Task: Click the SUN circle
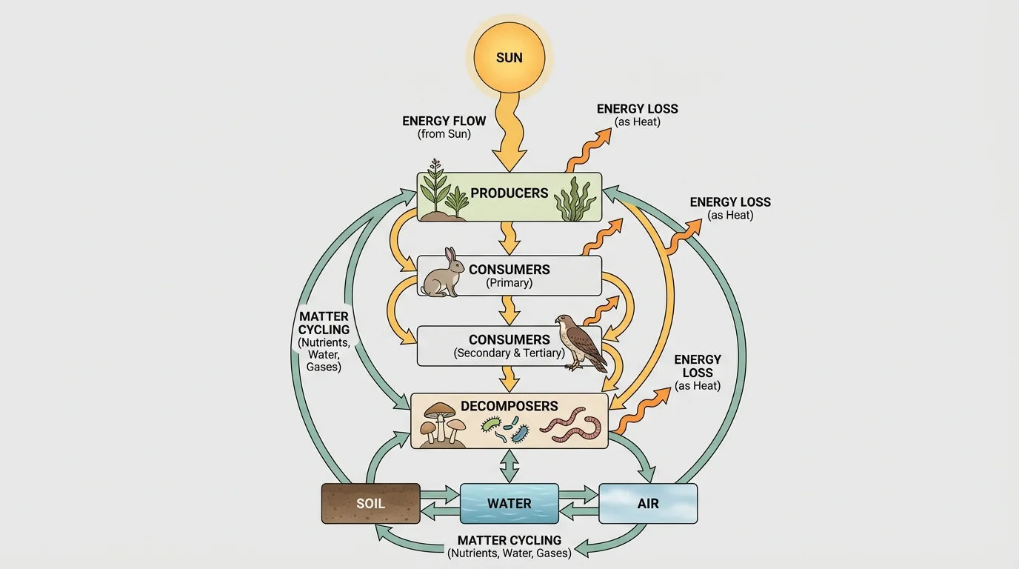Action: click(509, 57)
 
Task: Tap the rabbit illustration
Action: click(442, 274)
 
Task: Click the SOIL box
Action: click(370, 504)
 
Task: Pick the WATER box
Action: click(509, 504)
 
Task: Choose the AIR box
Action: click(648, 504)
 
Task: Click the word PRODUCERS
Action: click(509, 193)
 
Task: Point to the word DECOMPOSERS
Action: click(509, 406)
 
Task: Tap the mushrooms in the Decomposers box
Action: click(442, 424)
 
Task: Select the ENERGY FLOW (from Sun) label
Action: click(444, 127)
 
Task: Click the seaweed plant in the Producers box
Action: click(575, 199)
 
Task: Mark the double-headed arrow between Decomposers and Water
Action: click(509, 466)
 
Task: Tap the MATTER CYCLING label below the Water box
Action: click(509, 547)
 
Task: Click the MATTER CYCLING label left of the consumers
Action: click(324, 342)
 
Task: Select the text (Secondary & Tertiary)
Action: click(509, 353)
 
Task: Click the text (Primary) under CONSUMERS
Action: click(509, 283)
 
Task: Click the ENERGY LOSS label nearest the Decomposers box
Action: click(698, 373)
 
